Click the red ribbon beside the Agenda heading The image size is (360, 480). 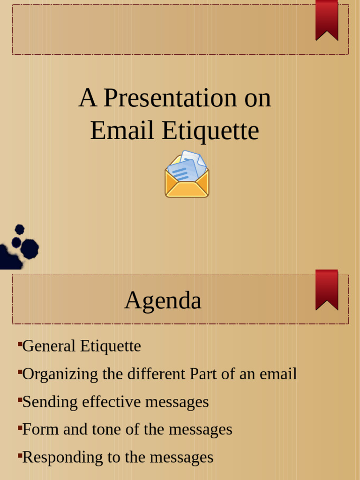pyautogui.click(x=327, y=289)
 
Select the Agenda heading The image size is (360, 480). pyautogui.click(x=163, y=300)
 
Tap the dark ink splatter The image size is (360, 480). pyautogui.click(x=19, y=248)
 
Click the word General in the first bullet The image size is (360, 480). pyautogui.click(x=49, y=346)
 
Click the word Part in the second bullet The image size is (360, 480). pyautogui.click(x=200, y=374)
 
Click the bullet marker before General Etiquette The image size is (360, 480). pyautogui.click(x=20, y=345)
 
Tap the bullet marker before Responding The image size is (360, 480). pyautogui.click(x=20, y=455)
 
